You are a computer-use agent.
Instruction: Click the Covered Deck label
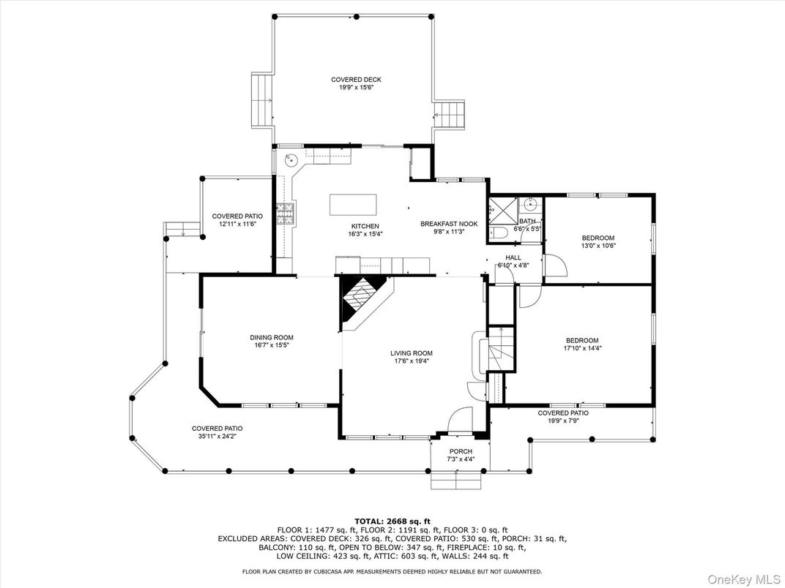tap(356, 80)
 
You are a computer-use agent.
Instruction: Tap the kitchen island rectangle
tap(354, 204)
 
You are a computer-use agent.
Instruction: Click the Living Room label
tap(412, 353)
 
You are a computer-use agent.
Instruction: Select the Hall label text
tap(513, 257)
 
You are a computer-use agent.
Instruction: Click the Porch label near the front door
tap(461, 451)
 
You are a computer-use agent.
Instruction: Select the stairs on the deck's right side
tap(450, 115)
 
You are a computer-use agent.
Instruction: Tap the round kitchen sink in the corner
tap(291, 160)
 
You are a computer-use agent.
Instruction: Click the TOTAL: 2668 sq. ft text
tap(392, 519)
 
